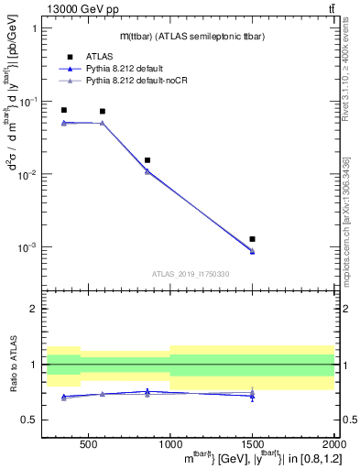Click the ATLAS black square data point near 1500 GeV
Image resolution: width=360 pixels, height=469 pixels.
pyautogui.click(x=252, y=239)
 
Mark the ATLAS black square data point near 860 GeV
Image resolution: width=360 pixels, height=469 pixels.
pyautogui.click(x=147, y=160)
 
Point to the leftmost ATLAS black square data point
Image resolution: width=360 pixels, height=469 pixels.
pyautogui.click(x=63, y=110)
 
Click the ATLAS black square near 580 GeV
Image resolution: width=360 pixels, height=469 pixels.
pyautogui.click(x=102, y=112)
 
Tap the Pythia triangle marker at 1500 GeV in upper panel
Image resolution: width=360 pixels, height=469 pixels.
pyautogui.click(x=252, y=251)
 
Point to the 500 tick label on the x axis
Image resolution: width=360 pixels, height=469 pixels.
pyautogui.click(x=88, y=442)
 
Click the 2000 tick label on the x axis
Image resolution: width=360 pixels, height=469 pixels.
pyautogui.click(x=334, y=442)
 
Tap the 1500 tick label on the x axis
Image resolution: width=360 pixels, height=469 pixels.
pyautogui.click(x=252, y=442)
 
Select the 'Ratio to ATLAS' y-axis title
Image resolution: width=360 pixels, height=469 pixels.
pyautogui.click(x=12, y=364)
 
